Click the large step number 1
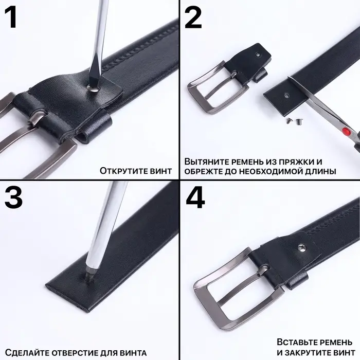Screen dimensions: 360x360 click(11, 17)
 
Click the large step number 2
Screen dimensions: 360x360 click(193, 17)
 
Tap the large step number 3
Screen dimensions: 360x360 click(13, 197)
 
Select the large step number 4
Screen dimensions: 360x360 click(195, 197)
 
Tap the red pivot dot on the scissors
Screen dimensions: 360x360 click(346, 131)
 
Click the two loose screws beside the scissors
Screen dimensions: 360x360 click(294, 120)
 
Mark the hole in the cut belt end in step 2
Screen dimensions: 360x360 click(286, 94)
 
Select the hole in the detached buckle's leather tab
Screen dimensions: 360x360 click(258, 55)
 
